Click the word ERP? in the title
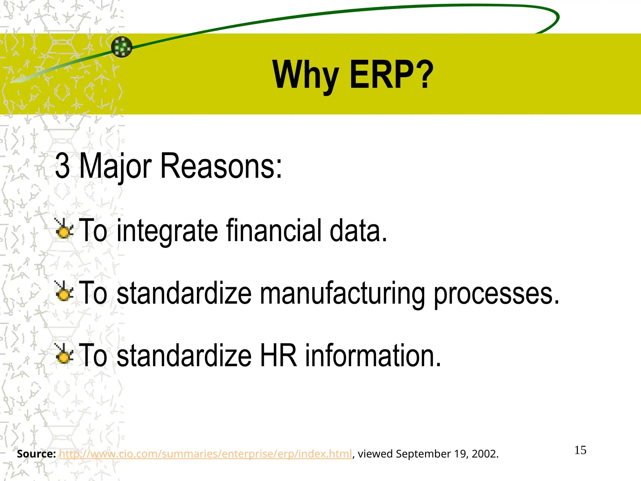pyautogui.click(x=391, y=75)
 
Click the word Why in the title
pyautogui.click(x=305, y=75)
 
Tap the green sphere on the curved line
pyautogui.click(x=122, y=47)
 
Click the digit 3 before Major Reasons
pyautogui.click(x=62, y=166)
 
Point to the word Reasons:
pyautogui.click(x=221, y=166)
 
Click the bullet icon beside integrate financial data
pyautogui.click(x=64, y=229)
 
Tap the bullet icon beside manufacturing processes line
pyautogui.click(x=64, y=292)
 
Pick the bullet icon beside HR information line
pyautogui.click(x=64, y=354)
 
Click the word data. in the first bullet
pyautogui.click(x=359, y=230)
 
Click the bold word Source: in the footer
pyautogui.click(x=36, y=454)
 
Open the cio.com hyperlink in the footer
pyautogui.click(x=205, y=454)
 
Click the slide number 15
pyautogui.click(x=580, y=450)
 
